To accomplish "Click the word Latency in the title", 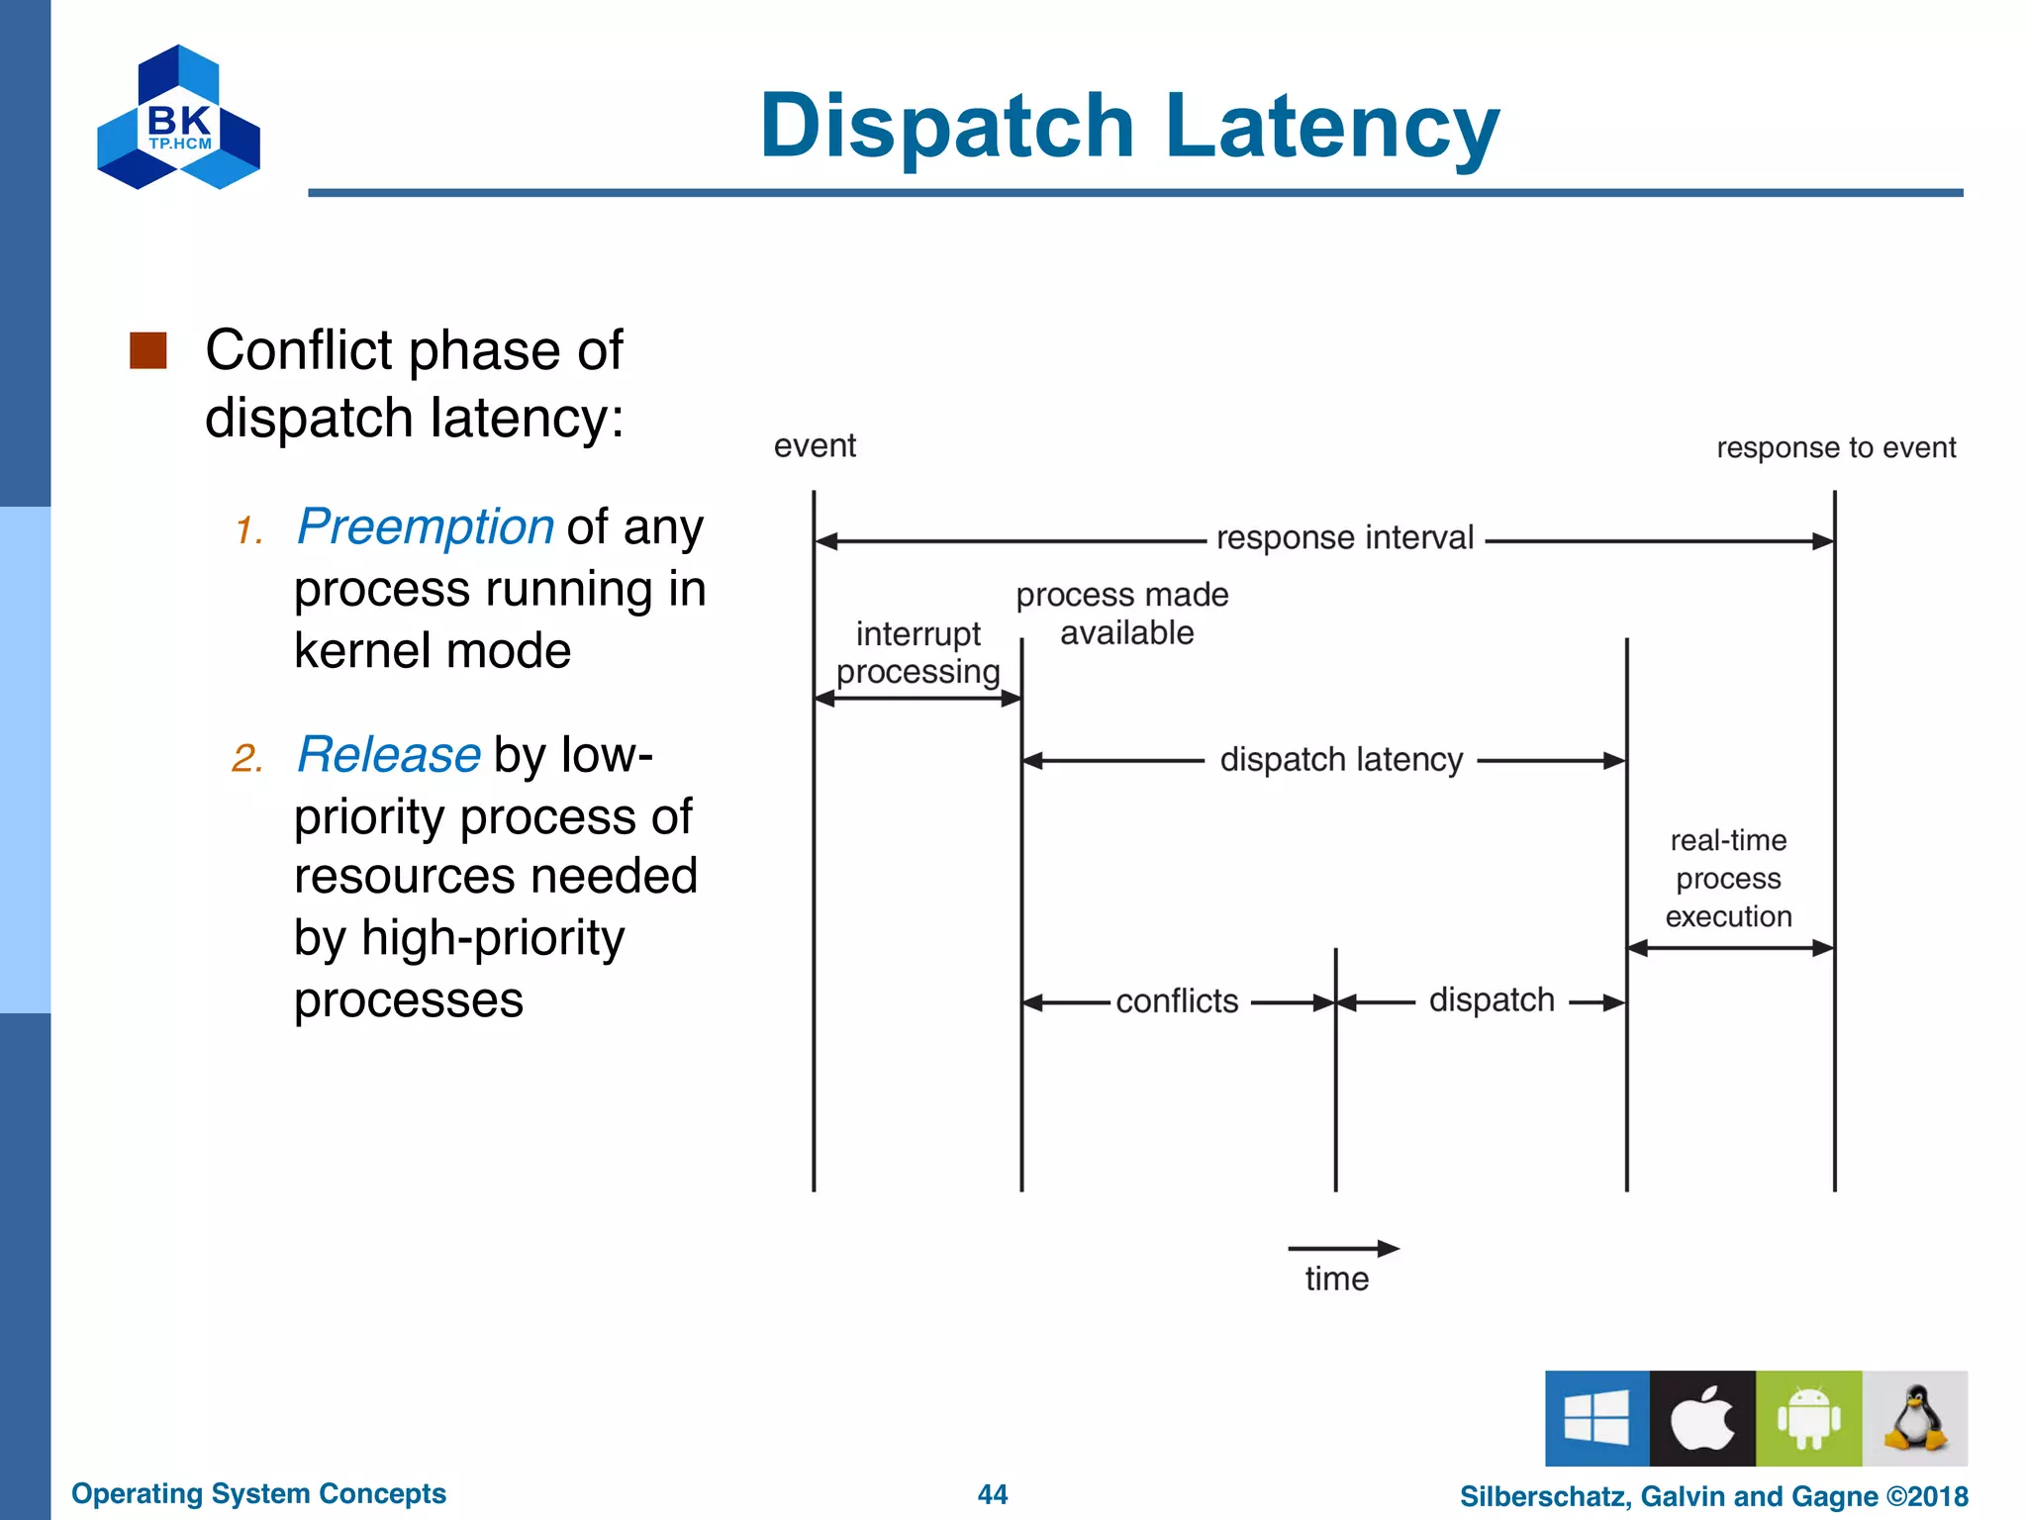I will [x=1332, y=127].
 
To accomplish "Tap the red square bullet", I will [x=148, y=350].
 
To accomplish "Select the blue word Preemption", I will [x=425, y=526].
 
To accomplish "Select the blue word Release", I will [x=389, y=755].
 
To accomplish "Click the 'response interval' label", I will [x=1344, y=538].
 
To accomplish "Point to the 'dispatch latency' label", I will [x=1340, y=760].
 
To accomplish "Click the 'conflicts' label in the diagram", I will [x=1177, y=1001].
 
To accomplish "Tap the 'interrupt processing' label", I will [x=917, y=653].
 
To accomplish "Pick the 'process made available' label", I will [x=1123, y=614].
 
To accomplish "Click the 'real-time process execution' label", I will [x=1728, y=879].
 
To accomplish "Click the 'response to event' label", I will [x=1836, y=447].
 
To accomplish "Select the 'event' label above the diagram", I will [x=815, y=446].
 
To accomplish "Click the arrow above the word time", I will [x=1342, y=1249].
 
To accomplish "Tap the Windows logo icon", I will [x=1596, y=1418].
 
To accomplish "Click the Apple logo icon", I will [x=1702, y=1418].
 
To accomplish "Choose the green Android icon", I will [x=1808, y=1418].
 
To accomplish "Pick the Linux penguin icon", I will [x=1915, y=1418].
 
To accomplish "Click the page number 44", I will [x=992, y=1494].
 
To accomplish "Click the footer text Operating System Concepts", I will [x=258, y=1493].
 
